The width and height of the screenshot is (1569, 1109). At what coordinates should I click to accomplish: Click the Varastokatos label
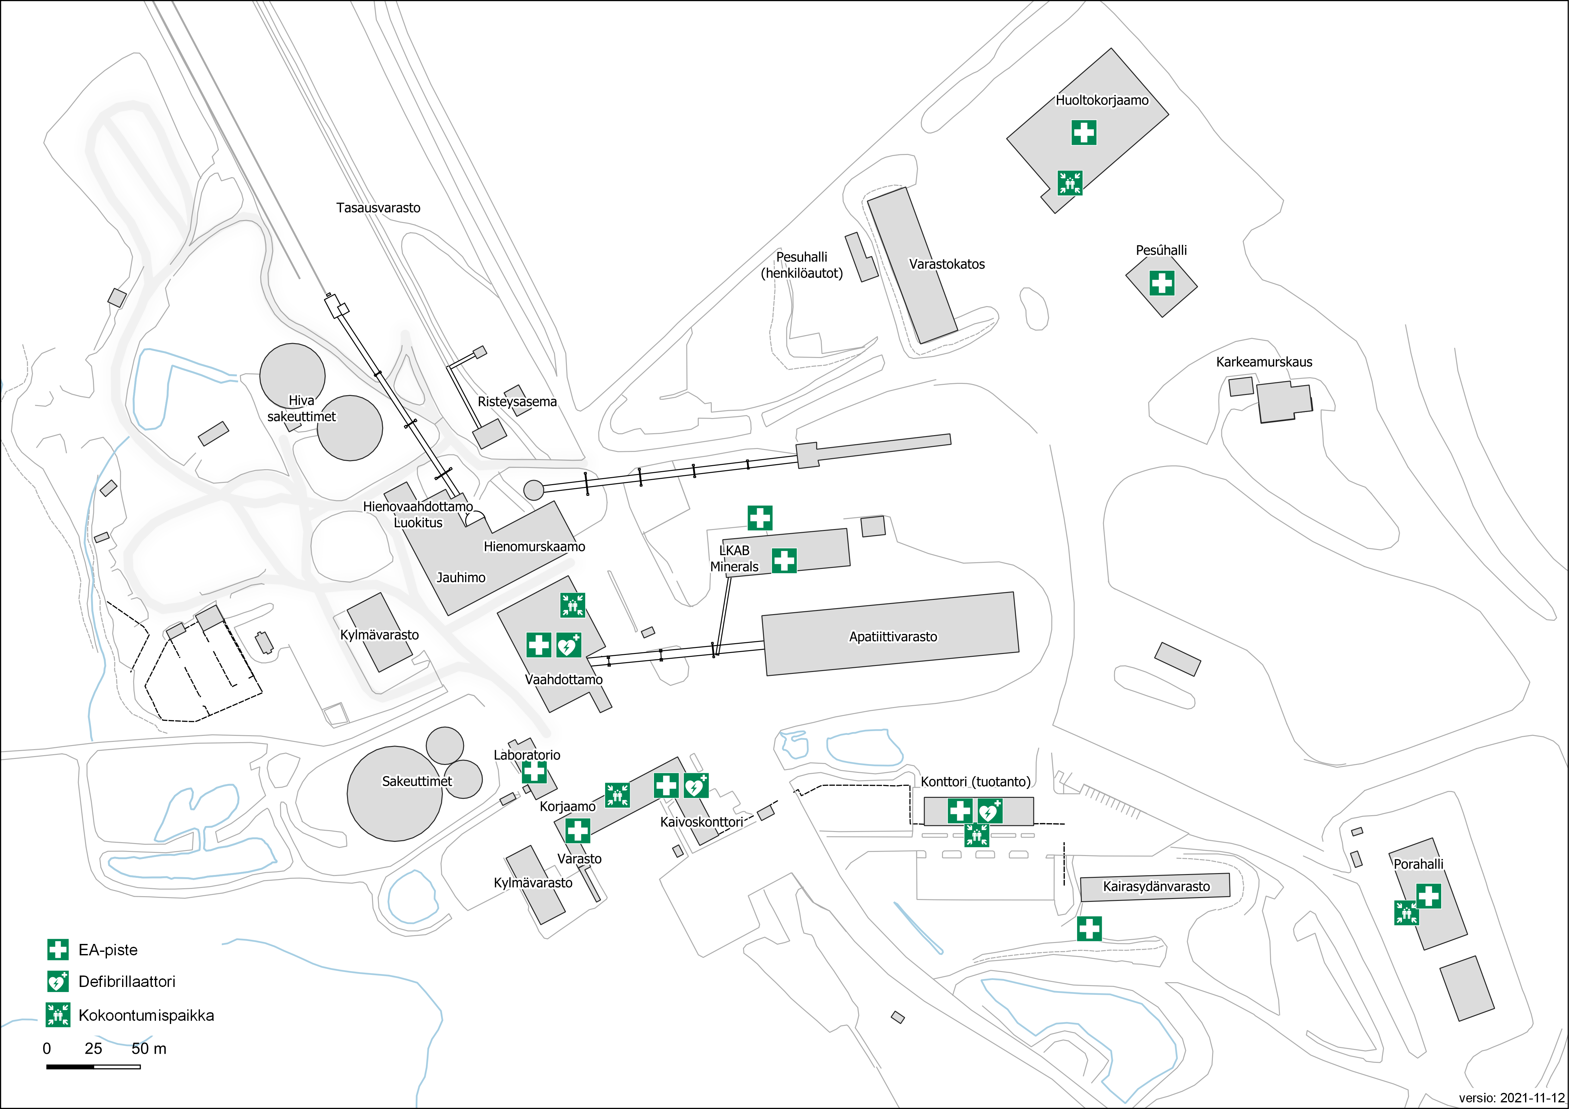click(946, 264)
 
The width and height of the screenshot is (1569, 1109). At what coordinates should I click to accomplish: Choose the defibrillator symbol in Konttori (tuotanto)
click(989, 811)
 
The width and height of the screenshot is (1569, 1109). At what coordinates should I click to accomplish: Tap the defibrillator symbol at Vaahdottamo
click(568, 644)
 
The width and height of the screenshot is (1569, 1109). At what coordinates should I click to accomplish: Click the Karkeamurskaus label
click(1263, 362)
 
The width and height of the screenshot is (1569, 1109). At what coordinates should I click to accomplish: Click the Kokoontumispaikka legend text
click(146, 1015)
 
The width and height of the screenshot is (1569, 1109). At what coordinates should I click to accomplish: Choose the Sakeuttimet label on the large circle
click(417, 781)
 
